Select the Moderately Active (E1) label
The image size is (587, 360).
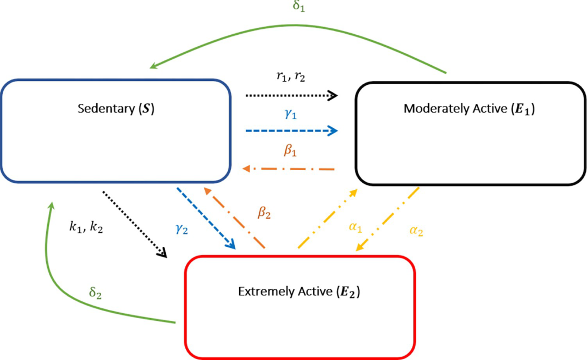[x=470, y=109]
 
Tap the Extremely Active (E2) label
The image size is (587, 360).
[x=299, y=291]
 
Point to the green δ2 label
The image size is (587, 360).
[x=95, y=294]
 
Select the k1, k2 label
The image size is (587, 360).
[x=86, y=227]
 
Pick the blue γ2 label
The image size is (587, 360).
[x=182, y=229]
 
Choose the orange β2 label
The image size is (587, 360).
[x=264, y=213]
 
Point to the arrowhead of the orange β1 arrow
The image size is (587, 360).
[x=246, y=169]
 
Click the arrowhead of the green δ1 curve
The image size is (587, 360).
[x=154, y=66]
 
